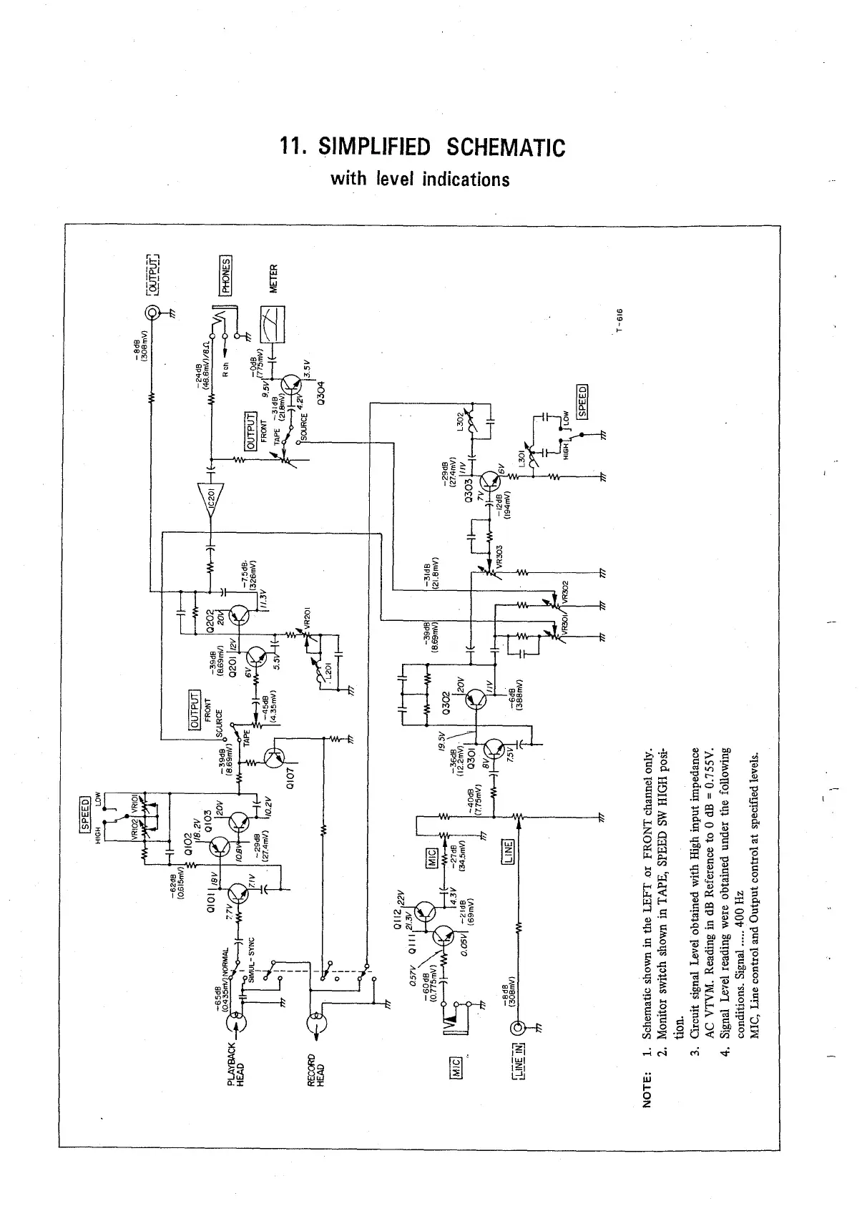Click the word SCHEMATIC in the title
[x=505, y=148]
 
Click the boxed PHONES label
[x=225, y=276]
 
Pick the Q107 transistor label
[x=290, y=775]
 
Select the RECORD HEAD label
[x=315, y=1071]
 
